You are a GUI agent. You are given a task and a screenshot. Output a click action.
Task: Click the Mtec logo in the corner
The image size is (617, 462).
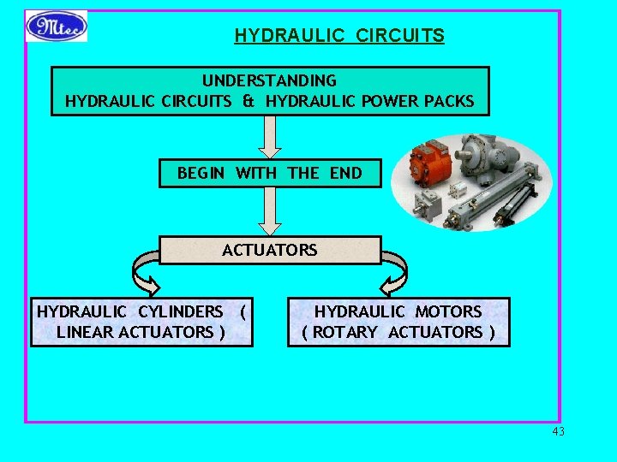[57, 27]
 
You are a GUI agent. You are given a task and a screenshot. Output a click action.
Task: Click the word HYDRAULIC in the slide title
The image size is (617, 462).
[276, 36]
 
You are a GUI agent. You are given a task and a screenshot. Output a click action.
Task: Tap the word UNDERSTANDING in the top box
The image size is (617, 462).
[269, 80]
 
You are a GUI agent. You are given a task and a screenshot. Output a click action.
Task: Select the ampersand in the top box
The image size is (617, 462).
[248, 101]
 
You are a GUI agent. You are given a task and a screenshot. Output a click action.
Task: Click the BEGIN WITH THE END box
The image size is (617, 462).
[269, 174]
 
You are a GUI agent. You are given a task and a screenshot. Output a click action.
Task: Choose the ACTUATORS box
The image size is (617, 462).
[269, 250]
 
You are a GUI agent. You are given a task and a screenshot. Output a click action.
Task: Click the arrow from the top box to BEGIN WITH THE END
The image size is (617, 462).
[270, 137]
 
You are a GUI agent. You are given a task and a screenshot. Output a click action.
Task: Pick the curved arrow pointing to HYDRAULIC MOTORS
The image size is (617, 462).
[394, 275]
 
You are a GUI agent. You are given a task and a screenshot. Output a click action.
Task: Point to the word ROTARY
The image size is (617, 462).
[344, 332]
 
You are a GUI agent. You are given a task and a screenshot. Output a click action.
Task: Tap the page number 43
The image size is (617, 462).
[559, 431]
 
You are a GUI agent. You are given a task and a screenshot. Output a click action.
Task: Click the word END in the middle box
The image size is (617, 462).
[345, 174]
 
